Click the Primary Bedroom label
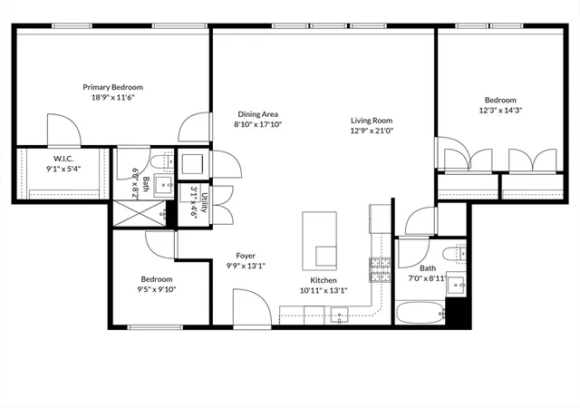click(112, 87)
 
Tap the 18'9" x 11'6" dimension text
click(112, 98)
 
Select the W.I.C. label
click(63, 159)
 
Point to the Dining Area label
click(257, 114)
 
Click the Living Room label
click(372, 121)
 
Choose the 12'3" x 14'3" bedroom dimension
click(500, 111)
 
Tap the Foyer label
click(246, 256)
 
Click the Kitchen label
click(324, 280)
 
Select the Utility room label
click(204, 202)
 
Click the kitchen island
click(320, 240)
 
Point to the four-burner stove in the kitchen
click(381, 270)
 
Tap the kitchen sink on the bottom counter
click(339, 316)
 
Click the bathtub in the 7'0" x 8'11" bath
click(420, 313)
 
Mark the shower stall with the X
click(140, 213)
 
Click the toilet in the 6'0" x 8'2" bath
click(162, 162)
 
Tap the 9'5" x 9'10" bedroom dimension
click(157, 289)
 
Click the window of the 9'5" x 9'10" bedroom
click(155, 327)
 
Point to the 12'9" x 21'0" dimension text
click(372, 131)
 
